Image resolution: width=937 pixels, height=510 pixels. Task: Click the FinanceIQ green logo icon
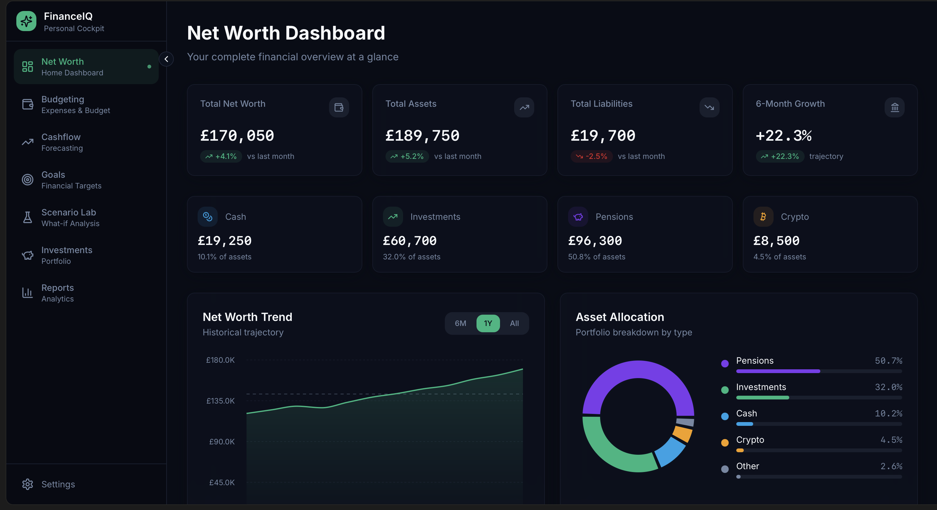tap(26, 21)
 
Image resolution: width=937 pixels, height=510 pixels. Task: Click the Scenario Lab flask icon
tap(28, 217)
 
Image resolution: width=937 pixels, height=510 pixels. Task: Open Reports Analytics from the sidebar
tap(57, 293)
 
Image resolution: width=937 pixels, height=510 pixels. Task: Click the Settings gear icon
tap(28, 484)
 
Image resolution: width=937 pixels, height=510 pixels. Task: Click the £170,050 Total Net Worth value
tap(237, 136)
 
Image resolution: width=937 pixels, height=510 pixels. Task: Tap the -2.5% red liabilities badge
tap(591, 156)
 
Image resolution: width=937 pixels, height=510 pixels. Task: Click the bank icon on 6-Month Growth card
tap(894, 107)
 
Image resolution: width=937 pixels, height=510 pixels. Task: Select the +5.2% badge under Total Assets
tap(407, 156)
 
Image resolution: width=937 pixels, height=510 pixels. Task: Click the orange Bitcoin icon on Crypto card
tap(763, 217)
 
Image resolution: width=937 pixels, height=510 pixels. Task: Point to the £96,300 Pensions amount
tap(595, 241)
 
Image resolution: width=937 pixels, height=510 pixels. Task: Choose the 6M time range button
tap(460, 323)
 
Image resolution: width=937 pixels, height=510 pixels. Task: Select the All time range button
tap(514, 323)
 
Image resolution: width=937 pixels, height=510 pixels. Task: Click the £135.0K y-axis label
tap(221, 401)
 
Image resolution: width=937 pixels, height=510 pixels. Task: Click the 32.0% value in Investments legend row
tap(888, 387)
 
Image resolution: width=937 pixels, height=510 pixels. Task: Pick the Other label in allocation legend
tap(747, 466)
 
